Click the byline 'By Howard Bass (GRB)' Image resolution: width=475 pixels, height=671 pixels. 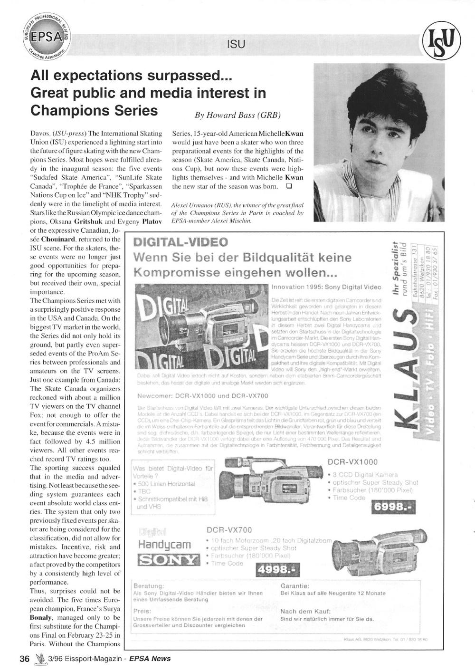point(237,115)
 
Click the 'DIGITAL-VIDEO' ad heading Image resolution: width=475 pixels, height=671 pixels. point(181,242)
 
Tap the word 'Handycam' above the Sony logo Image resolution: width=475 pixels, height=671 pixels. point(164,544)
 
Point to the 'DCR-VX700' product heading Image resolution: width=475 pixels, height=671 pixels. point(229,530)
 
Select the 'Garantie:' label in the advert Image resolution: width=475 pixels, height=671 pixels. point(295,585)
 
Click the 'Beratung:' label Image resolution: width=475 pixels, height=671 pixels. point(149,585)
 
